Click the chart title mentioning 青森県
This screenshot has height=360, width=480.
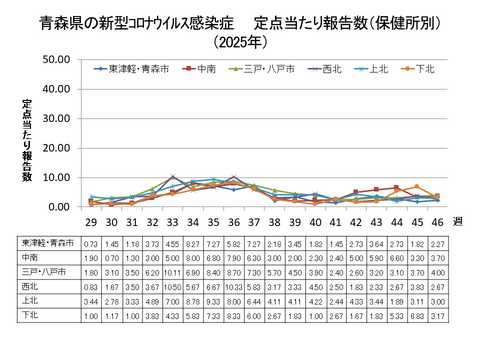pyautogui.click(x=240, y=22)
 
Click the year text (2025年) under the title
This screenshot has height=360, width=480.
pyautogui.click(x=240, y=42)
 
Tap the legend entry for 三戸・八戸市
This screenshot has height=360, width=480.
pyautogui.click(x=266, y=69)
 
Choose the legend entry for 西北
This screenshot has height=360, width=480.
pyautogui.click(x=331, y=69)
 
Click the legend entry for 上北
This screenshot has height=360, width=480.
pyautogui.click(x=375, y=69)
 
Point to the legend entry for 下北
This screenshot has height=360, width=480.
pyautogui.click(x=420, y=69)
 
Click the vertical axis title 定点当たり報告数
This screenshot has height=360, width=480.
pyautogui.click(x=28, y=140)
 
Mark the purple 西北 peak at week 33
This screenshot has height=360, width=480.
pyautogui.click(x=172, y=176)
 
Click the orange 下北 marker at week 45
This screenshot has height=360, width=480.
pyautogui.click(x=416, y=187)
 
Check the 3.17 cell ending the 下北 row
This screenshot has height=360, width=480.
pyautogui.click(x=437, y=316)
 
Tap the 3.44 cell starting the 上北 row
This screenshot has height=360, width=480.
pyautogui.click(x=90, y=301)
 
